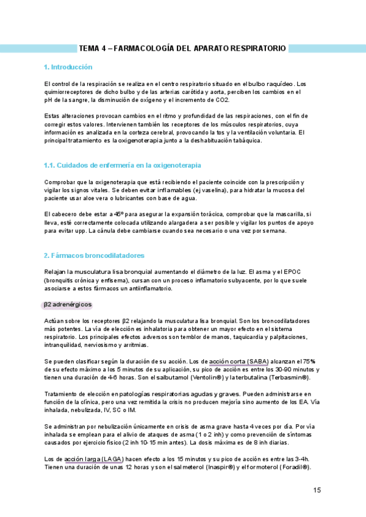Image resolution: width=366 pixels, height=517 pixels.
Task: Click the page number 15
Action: click(317, 490)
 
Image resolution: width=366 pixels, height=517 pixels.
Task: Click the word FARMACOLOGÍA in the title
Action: click(143, 48)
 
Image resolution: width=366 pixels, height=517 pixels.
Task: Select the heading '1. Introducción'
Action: click(68, 67)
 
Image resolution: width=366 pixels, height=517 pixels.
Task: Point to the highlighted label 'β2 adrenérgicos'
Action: click(67, 304)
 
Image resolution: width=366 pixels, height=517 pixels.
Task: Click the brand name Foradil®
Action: click(294, 466)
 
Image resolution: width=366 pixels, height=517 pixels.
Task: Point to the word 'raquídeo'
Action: click(280, 84)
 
